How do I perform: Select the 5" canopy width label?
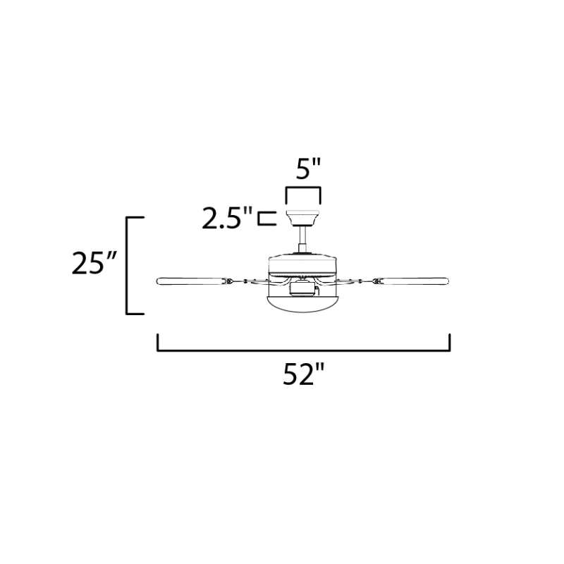[x=303, y=170]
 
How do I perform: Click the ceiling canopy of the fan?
[x=303, y=215]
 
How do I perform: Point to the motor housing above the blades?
[x=303, y=264]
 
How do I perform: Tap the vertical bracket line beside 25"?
[x=128, y=264]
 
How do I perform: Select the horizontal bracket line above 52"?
[x=303, y=350]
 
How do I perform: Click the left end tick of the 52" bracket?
[x=157, y=343]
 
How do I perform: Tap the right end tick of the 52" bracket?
[x=449, y=343]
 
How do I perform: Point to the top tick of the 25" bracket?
[x=135, y=217]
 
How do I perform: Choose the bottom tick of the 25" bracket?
[x=135, y=313]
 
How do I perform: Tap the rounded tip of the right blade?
[x=448, y=282]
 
